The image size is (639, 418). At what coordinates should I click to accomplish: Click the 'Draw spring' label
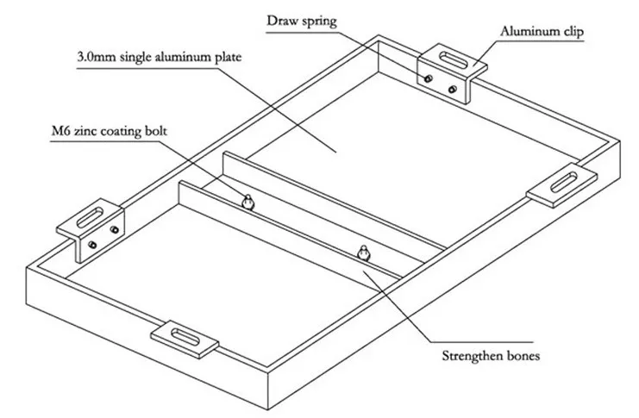point(302,22)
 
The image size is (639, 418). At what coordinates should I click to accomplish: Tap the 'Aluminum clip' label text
point(542,32)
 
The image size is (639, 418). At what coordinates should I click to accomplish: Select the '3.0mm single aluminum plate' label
point(160,57)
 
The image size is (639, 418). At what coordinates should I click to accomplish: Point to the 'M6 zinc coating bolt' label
point(110,131)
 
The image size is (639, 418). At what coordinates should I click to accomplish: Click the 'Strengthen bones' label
point(491,356)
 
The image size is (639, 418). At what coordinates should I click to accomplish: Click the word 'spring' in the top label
point(319,22)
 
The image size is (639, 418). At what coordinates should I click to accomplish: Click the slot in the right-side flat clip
point(564,183)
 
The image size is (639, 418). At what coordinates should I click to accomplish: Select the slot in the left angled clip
point(90,217)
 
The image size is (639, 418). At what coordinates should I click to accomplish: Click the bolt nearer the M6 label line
point(247,202)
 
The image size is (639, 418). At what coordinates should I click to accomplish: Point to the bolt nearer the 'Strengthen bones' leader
point(364,253)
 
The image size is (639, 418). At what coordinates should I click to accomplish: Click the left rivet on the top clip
point(429,78)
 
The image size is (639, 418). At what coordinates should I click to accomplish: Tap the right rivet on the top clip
point(453,90)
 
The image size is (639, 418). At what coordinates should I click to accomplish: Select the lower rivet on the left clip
point(92,245)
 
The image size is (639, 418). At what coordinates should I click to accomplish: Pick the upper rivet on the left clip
point(115,230)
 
